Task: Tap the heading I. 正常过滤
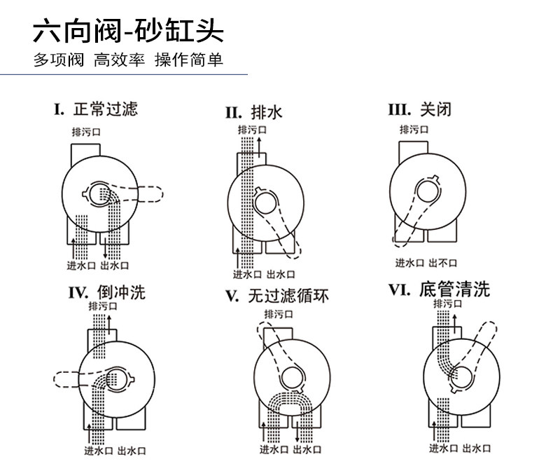pyautogui.click(x=96, y=109)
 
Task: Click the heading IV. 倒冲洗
pyautogui.click(x=107, y=292)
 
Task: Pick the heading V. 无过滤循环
pyautogui.click(x=276, y=296)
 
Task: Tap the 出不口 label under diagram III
pyautogui.click(x=442, y=263)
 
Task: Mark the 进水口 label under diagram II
pyautogui.click(x=247, y=274)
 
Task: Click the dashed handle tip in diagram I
pyautogui.click(x=153, y=191)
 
